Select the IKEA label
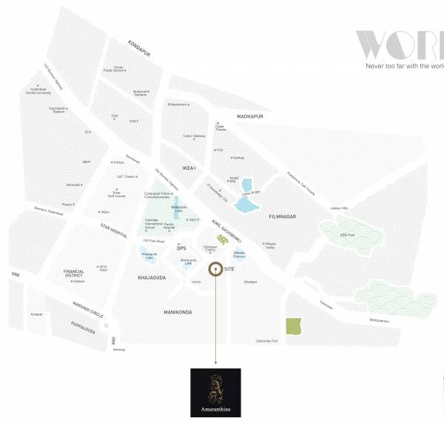[x=188, y=168]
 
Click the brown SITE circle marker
[x=215, y=270]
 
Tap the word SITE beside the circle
[x=229, y=270]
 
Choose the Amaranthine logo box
[x=215, y=392]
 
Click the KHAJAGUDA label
[x=150, y=277]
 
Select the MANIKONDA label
[x=178, y=312]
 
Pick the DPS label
[x=181, y=248]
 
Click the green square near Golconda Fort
[x=294, y=326]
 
